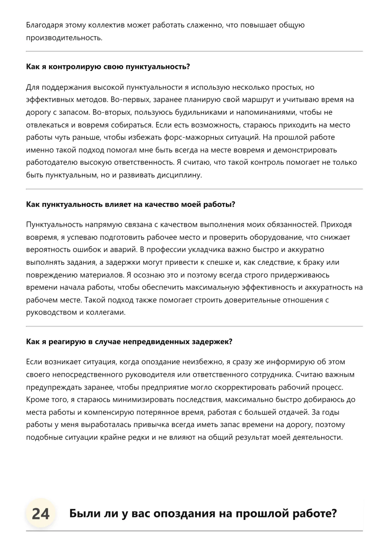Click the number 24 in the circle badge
(x=41, y=514)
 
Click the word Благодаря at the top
(x=44, y=25)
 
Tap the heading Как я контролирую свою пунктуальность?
(x=108, y=67)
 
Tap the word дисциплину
(x=183, y=175)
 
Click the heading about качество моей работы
(x=131, y=205)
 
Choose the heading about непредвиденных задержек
(x=129, y=342)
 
